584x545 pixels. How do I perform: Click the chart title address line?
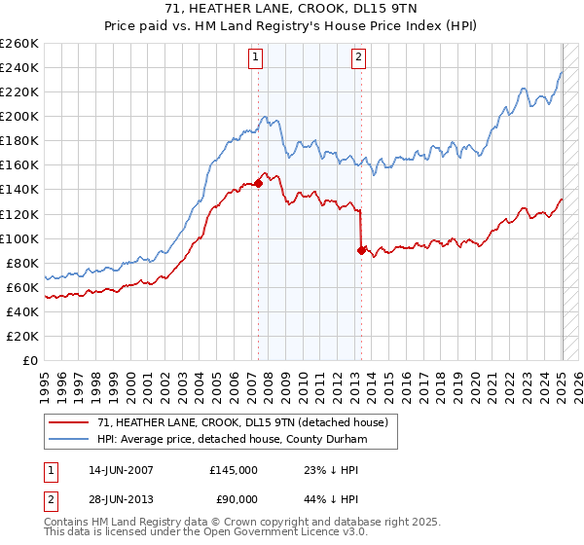coord(292,9)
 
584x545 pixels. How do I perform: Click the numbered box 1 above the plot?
coord(255,57)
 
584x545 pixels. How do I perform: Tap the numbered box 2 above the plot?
coord(358,57)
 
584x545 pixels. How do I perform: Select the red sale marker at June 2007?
coord(259,183)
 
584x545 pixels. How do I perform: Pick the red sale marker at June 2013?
coord(361,250)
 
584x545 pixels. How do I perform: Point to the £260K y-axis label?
coord(19,44)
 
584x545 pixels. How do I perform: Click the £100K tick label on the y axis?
coord(19,238)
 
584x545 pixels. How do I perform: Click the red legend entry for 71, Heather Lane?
coord(243,422)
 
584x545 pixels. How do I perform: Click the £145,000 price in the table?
coord(234,470)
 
